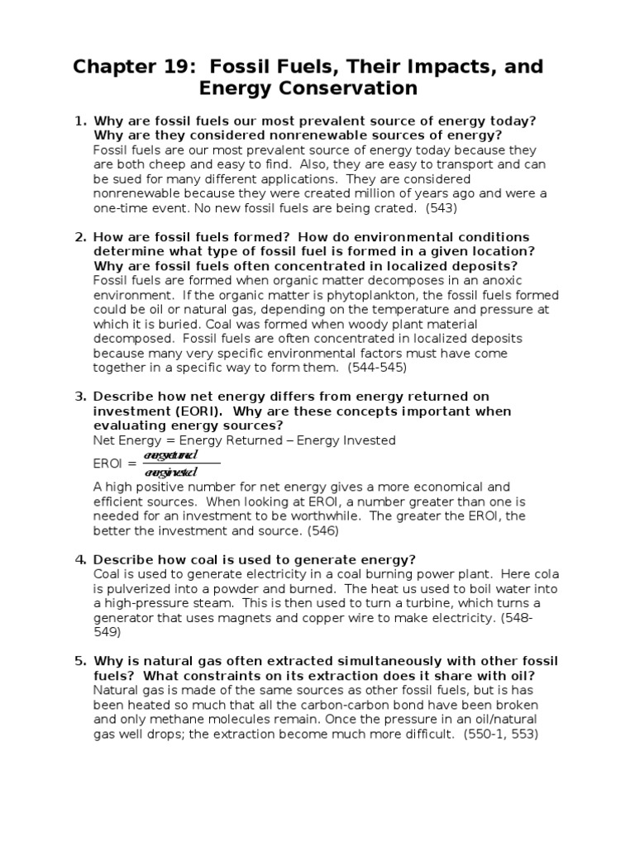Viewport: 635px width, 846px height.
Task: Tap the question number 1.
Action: point(80,121)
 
